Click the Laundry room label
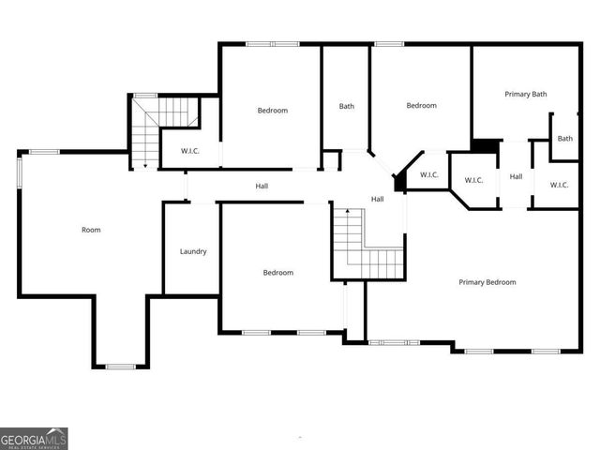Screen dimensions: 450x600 [x=193, y=251]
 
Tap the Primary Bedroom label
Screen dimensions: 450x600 [x=487, y=282]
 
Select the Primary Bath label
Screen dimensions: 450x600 [x=525, y=94]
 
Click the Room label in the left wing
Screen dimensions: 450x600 [x=91, y=230]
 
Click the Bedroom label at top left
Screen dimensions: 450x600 [x=272, y=111]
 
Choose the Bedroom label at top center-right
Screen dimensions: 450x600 [x=421, y=106]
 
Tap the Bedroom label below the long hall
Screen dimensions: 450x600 [x=277, y=273]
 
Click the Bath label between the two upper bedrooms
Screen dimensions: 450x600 [x=347, y=106]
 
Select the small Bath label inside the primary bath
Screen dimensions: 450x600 [x=565, y=139]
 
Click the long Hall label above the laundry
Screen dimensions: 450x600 [x=262, y=187]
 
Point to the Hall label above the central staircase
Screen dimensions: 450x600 [x=377, y=199]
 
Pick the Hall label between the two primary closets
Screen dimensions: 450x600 [x=516, y=176]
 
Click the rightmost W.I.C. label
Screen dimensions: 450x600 [x=560, y=184]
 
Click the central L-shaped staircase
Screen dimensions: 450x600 [x=363, y=246]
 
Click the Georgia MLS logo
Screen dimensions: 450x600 [x=34, y=439]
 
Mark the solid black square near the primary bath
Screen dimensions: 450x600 [x=484, y=146]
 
